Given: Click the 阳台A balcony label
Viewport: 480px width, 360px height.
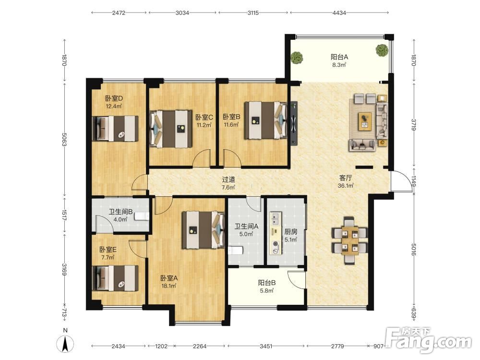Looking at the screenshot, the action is (x=339, y=57).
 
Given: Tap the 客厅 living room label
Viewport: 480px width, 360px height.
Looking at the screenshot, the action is (x=346, y=178).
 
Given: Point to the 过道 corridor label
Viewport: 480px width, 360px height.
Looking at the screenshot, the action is (x=228, y=180).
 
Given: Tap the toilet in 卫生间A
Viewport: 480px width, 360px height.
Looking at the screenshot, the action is (x=235, y=251).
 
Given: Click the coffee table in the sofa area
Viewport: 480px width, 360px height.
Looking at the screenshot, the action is (x=365, y=121).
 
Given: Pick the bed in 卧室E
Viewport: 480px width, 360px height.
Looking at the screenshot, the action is (x=115, y=278).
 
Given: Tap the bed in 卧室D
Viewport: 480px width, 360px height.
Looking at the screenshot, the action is (x=115, y=128).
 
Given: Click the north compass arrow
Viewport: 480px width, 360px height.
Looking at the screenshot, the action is (x=65, y=344).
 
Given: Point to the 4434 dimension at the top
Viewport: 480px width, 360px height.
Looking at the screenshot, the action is (x=339, y=13).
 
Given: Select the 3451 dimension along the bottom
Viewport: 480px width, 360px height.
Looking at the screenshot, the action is (x=266, y=346).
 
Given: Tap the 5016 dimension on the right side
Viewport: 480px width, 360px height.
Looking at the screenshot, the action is (x=414, y=250).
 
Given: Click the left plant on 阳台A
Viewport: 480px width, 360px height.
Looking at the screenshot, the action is (x=297, y=57).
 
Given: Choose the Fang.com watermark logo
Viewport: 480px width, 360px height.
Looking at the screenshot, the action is (x=428, y=340).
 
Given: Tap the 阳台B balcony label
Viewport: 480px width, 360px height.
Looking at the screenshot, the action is (x=266, y=283).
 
